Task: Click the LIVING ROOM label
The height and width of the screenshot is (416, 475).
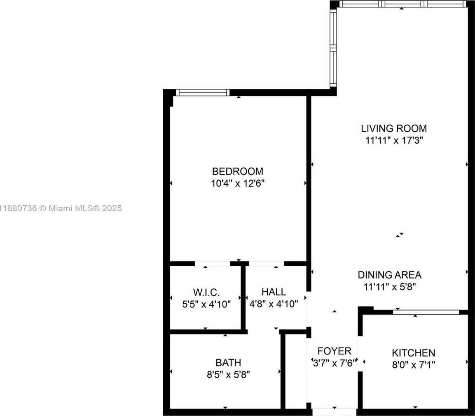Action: coord(394,128)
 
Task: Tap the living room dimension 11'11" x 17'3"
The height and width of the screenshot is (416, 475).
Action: coord(394,140)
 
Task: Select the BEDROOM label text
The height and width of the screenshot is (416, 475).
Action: coord(237,171)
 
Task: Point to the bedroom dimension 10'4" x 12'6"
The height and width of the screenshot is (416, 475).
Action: coord(238,184)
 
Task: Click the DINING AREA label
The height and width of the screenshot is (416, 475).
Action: coord(390,275)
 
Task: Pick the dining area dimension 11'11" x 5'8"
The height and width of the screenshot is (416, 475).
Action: coord(390,287)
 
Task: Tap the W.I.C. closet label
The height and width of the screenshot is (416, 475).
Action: coord(206,293)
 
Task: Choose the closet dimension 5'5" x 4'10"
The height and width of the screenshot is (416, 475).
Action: coord(206,304)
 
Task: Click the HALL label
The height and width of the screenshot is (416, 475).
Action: coord(274,292)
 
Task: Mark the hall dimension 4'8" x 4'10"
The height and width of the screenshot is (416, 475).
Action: coord(274,304)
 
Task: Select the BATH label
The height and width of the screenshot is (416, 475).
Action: coord(228,363)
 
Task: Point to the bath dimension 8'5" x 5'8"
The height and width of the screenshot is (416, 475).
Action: coord(228,375)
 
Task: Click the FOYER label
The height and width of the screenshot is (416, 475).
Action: coord(334,351)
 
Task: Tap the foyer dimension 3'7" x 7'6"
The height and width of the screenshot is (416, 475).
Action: coord(334,363)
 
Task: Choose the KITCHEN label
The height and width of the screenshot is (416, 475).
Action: coord(414,353)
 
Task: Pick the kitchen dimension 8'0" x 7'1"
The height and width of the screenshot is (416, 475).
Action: coord(414,365)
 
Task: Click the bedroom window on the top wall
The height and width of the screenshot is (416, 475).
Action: coord(203,92)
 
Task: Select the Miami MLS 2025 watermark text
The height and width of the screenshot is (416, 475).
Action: coord(61,208)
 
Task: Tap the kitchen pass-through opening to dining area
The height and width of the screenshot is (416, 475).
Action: coord(426,312)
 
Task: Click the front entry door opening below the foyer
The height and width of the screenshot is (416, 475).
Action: coord(334,412)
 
